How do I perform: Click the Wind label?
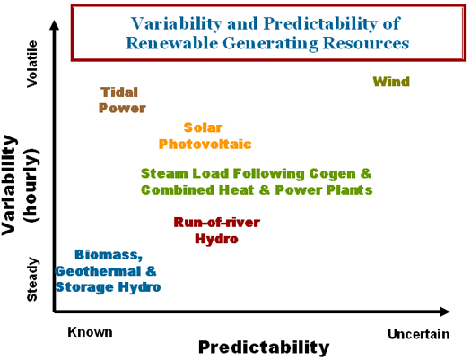click(x=391, y=82)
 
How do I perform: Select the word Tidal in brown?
click(x=119, y=92)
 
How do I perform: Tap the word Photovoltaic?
click(x=205, y=144)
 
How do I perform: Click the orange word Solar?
click(x=203, y=127)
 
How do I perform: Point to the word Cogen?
click(x=332, y=173)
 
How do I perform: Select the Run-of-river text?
click(x=217, y=223)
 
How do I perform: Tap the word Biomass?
click(x=109, y=255)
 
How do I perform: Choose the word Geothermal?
click(x=98, y=271)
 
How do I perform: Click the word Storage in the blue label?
click(x=84, y=287)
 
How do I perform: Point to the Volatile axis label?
click(x=32, y=64)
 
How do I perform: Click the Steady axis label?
click(x=32, y=279)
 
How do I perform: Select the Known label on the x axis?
click(x=90, y=332)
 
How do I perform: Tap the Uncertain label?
click(x=419, y=334)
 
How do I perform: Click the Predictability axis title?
click(x=264, y=348)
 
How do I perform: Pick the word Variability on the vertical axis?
click(x=9, y=185)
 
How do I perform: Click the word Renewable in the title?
click(x=172, y=43)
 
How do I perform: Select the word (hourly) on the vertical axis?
click(x=31, y=186)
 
